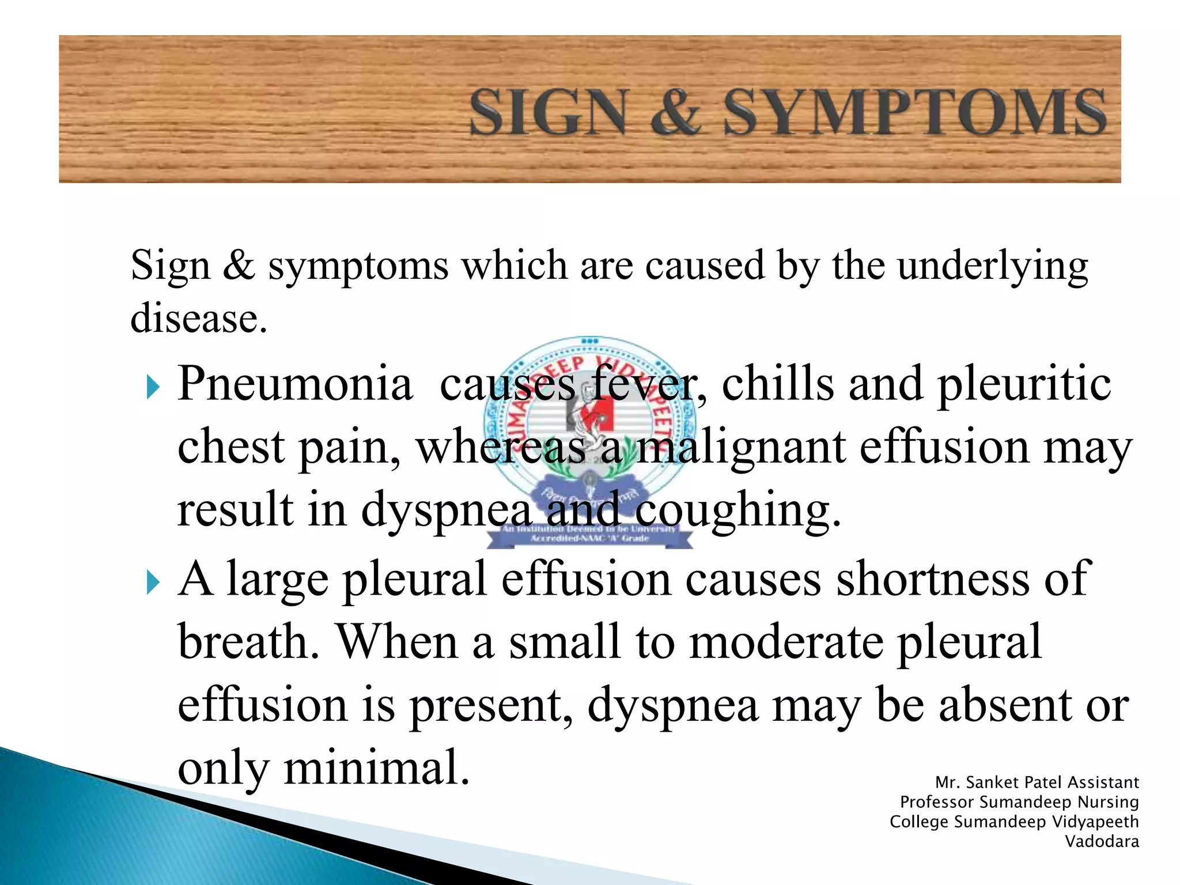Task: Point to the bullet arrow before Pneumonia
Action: click(x=152, y=387)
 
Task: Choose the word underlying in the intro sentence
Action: click(x=992, y=266)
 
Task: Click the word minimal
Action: click(x=376, y=767)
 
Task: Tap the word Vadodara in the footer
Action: click(x=1102, y=842)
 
